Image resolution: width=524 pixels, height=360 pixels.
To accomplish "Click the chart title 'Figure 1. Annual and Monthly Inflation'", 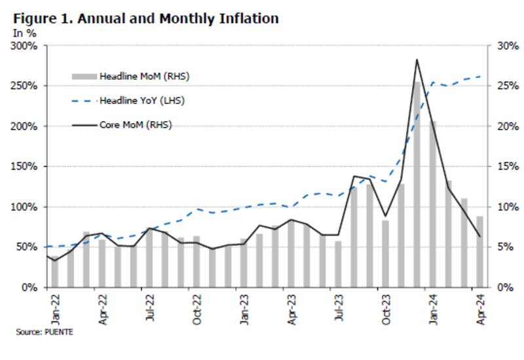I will point(146,18).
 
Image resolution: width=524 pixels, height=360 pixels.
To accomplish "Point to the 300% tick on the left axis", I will point(24,46).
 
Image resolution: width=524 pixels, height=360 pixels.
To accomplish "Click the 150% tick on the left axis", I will point(24,166).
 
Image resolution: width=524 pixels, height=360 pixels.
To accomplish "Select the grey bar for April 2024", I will point(479,251).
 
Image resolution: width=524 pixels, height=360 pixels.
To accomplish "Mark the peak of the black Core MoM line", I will point(417,60).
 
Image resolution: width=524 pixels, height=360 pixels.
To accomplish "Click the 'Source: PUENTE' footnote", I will point(45,332).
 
